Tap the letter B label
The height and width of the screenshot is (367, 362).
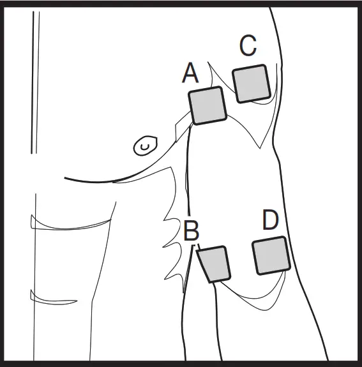coord(191,231)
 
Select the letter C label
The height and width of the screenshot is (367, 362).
coord(248,46)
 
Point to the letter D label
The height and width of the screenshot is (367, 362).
coord(271,221)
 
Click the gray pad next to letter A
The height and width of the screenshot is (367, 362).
coord(207,106)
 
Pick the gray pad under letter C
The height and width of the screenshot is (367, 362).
coord(252,83)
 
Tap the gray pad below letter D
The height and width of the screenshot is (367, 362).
coord(271,255)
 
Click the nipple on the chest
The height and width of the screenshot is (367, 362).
coord(145,146)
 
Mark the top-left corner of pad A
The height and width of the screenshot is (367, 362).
coord(190,93)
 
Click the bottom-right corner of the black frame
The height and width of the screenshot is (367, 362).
coord(358,363)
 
